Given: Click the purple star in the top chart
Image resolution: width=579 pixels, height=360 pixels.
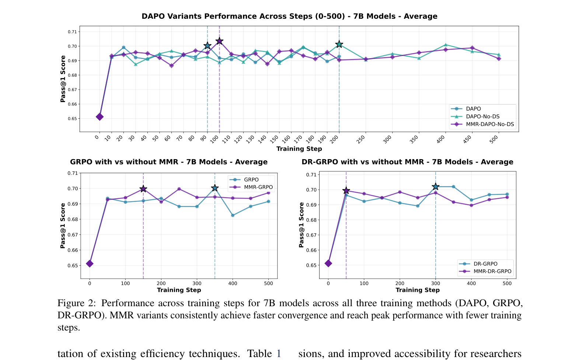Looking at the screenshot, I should click(219, 41).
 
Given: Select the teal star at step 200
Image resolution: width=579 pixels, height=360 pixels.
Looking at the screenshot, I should click(339, 45).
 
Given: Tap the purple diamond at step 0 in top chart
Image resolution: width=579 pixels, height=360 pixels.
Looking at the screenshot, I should click(100, 117).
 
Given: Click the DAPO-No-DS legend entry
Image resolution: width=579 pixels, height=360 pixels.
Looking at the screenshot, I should click(483, 116).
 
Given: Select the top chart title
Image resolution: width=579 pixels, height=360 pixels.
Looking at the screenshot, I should click(289, 16).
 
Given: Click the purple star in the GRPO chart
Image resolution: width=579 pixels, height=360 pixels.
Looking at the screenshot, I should click(143, 189).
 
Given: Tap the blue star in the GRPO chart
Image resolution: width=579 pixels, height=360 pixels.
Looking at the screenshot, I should click(215, 188).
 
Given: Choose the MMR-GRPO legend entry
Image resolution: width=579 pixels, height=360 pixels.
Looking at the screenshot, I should click(258, 187).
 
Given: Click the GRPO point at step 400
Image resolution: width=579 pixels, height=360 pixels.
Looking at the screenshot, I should click(233, 215).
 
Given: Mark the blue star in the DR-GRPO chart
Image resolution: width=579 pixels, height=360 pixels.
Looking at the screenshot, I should click(436, 187).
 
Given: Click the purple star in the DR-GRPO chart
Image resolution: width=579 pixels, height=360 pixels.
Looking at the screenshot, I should click(346, 191).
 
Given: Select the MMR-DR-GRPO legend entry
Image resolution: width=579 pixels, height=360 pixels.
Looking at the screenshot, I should click(492, 271).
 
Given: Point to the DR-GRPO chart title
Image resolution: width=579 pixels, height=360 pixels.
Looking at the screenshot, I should click(407, 162).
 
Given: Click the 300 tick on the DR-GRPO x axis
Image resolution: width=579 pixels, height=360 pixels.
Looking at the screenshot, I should click(436, 283).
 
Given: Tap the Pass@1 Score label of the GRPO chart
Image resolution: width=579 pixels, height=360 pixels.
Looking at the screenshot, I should click(63, 226).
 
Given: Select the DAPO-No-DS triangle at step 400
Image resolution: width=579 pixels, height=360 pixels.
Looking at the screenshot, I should click(446, 45).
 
